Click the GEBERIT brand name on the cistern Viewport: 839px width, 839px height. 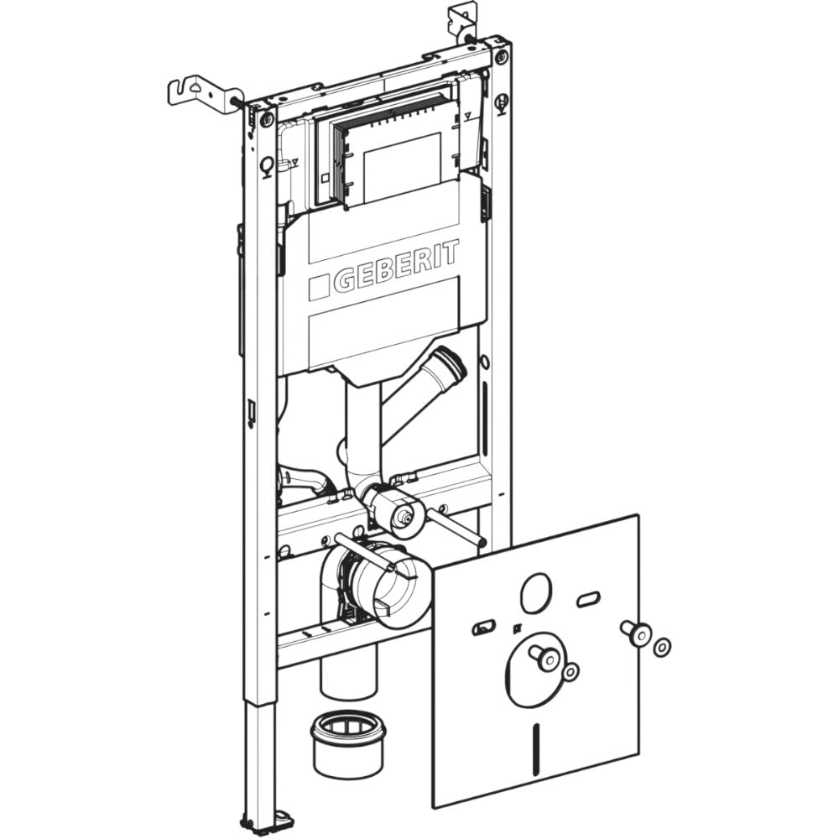click(397, 267)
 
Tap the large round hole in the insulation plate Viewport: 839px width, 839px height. click(535, 595)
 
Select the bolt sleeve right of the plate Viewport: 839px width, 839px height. click(635, 634)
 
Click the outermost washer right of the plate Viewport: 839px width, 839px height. click(663, 648)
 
